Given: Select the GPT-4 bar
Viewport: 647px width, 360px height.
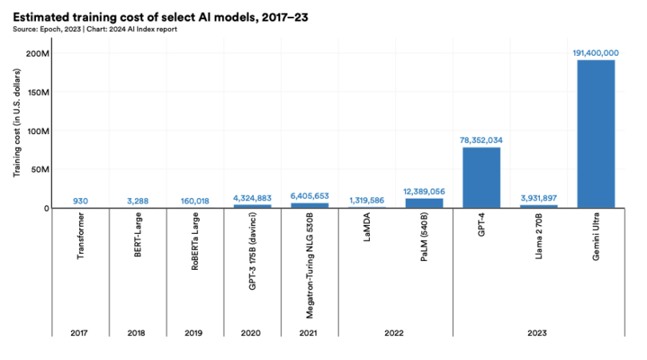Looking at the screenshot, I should pos(481,177).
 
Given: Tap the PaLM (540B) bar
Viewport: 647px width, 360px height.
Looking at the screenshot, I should pos(424,203).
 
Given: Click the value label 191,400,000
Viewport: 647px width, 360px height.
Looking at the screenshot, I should pos(596,53).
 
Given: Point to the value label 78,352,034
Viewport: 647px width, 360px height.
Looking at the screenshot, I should pos(481,140).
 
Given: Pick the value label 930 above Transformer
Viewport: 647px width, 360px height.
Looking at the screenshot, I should pos(80,201).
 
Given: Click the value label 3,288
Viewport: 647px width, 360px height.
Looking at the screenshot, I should pos(137,201).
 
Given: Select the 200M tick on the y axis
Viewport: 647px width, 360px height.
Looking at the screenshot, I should pos(38,53).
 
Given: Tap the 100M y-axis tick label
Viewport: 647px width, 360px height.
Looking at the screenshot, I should pos(38,131).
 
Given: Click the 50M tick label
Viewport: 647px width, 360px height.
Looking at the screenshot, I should pos(40,169).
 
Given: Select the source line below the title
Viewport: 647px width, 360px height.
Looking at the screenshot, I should pos(95,30).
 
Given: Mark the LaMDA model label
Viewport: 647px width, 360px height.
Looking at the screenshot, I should pos(367,231).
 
